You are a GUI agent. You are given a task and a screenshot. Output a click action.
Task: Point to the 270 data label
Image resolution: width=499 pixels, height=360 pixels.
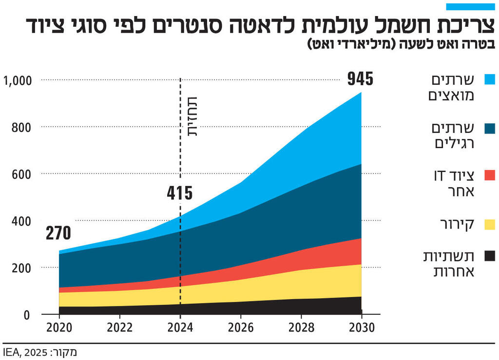pos(58,234)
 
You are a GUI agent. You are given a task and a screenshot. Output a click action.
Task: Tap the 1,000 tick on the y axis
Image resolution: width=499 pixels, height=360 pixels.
pos(18,80)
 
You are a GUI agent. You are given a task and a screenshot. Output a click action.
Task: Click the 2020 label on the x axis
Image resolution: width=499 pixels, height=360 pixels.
pos(59,328)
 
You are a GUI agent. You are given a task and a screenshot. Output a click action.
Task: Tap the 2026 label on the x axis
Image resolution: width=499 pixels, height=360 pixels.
pos(240,328)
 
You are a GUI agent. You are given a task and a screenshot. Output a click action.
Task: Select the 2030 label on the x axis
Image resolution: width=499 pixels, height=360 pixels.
pos(361,328)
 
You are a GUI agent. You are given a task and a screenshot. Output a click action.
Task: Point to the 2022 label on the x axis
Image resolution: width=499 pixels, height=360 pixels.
pos(120,328)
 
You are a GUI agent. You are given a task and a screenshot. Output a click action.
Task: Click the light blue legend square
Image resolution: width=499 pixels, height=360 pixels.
pos(490,79)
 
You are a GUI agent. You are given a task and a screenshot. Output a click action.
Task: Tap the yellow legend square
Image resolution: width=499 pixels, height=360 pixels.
pos(490,224)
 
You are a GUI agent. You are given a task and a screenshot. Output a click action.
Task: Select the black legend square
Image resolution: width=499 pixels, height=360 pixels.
pos(490,256)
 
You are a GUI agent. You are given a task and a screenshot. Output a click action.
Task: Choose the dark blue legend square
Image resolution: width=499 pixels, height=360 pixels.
pos(490,128)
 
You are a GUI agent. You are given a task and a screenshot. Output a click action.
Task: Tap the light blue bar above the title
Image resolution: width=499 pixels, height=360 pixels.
pos(471,7)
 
